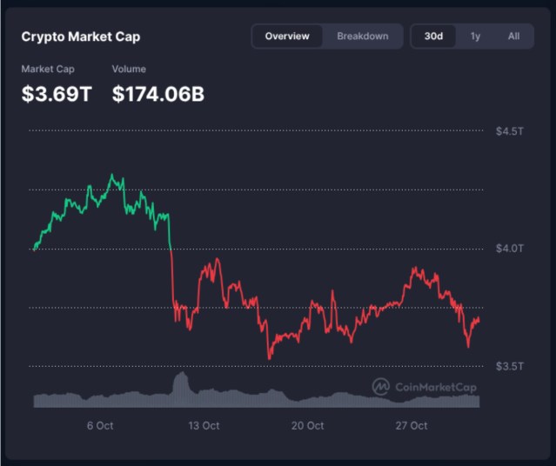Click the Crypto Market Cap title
pos(81,37)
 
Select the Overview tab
pos(287,37)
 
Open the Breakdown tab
pos(363,37)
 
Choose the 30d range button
pos(433,37)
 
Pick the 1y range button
pos(475,37)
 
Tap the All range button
pos(513,37)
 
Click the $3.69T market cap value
pos(57,94)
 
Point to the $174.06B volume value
pos(158,94)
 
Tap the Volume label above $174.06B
pos(130,69)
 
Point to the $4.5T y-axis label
pos(509,131)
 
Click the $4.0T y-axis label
pos(509,249)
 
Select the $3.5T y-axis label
pos(509,366)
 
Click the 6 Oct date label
pos(100,426)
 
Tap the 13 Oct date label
pos(204,426)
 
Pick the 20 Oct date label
pos(308,426)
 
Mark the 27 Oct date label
pos(411,426)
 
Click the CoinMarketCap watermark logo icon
pos(380,386)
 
